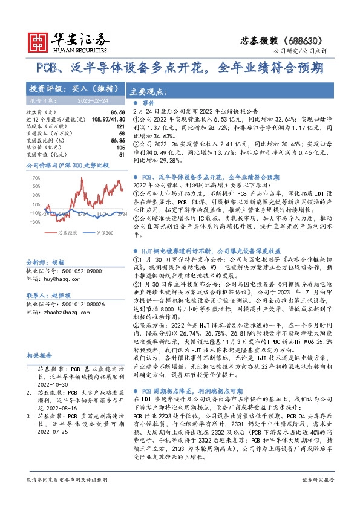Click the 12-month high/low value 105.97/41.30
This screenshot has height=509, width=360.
[104, 120]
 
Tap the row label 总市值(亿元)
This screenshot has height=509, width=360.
[42, 147]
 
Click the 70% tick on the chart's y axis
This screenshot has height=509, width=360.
[36, 178]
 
